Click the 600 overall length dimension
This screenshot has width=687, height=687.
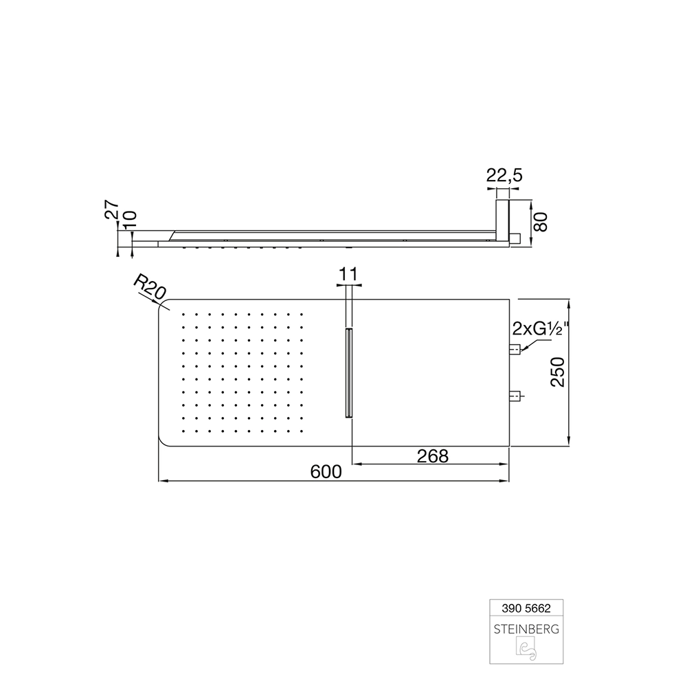pos(326,472)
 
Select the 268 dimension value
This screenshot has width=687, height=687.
pos(432,455)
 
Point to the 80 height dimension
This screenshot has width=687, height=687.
pos(541,223)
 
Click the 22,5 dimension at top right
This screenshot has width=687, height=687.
pos(504,176)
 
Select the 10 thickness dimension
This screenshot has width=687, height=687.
pos(129,220)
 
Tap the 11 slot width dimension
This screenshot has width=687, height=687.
pos(349,275)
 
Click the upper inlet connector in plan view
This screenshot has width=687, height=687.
pos(516,349)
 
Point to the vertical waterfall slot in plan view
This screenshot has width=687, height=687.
pos(349,372)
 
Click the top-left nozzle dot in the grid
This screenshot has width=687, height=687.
pos(184,315)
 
